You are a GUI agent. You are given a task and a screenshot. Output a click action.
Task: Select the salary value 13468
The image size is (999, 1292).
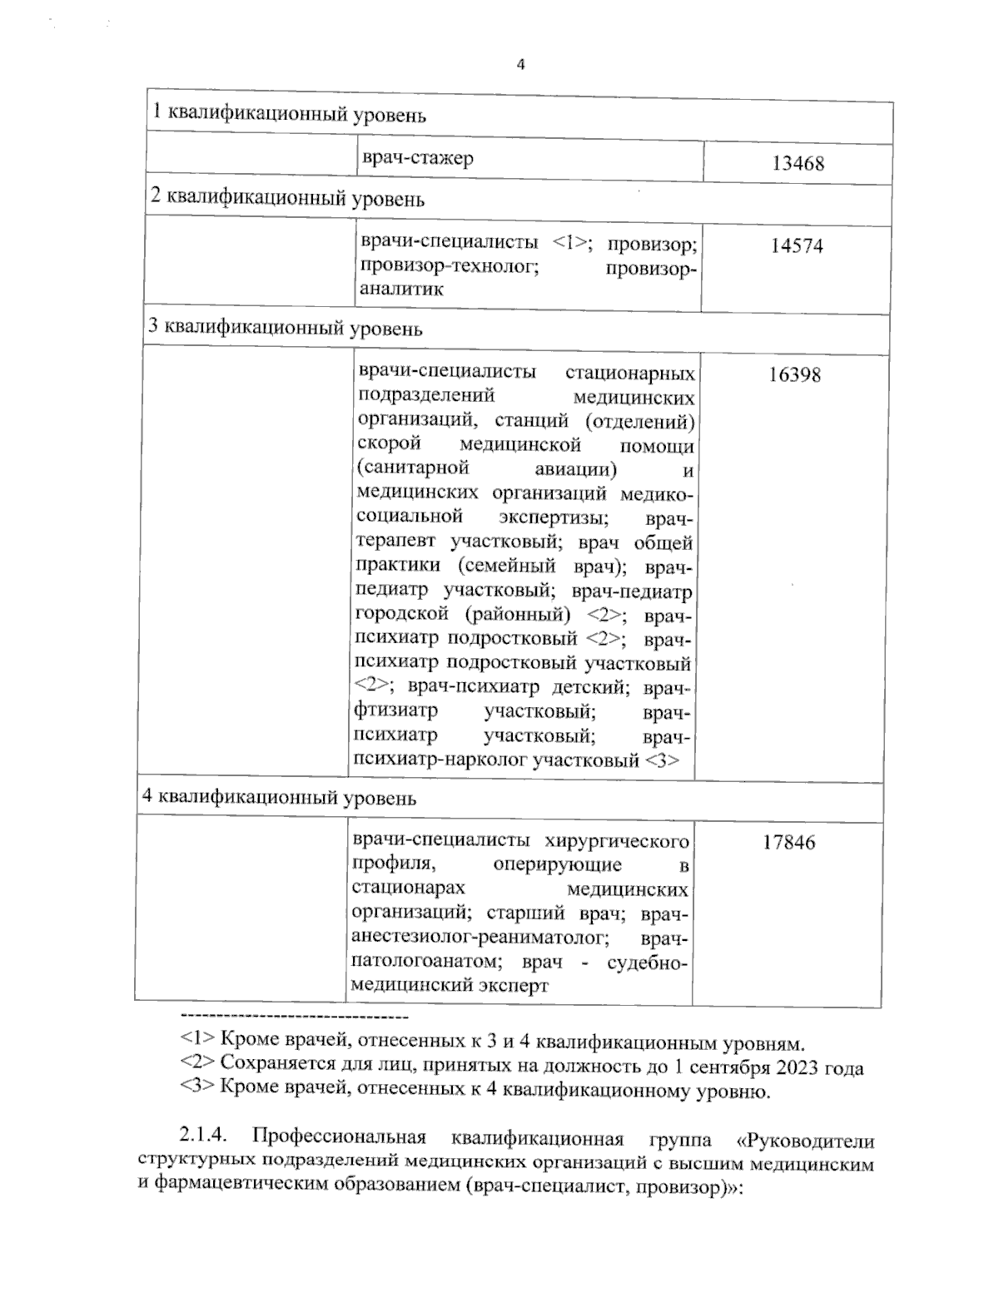(797, 164)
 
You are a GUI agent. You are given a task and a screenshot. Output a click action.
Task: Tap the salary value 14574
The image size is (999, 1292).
(796, 246)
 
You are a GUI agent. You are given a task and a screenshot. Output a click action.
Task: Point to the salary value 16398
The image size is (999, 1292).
(793, 375)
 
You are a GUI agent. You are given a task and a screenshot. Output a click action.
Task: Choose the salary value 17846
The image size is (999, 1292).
(789, 843)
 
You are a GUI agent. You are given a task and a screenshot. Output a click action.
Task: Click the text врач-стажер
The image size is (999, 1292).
(417, 158)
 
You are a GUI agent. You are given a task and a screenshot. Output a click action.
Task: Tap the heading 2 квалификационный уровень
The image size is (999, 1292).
(286, 199)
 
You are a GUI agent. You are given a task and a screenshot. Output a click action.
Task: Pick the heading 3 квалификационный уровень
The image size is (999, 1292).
(285, 328)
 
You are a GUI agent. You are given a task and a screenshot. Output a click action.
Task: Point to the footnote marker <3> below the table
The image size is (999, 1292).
(198, 1091)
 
